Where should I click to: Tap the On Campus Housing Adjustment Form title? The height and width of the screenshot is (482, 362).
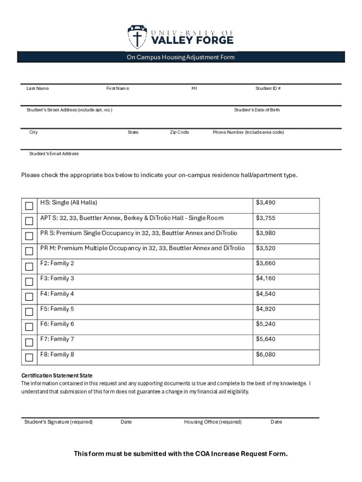pos(181,57)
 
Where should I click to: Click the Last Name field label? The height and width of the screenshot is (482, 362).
pos(38,88)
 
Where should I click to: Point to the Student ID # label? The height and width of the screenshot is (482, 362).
pos(268,88)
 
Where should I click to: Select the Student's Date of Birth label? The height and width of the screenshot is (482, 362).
pos(257,110)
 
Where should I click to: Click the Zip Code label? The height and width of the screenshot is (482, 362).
pos(179,132)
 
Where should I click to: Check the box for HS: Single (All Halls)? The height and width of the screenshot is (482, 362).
pos(29,206)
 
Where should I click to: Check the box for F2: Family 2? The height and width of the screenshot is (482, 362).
pos(29,266)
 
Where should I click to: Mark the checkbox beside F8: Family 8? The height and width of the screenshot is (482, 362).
pos(29,357)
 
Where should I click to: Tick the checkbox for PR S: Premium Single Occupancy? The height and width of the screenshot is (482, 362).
pos(29,236)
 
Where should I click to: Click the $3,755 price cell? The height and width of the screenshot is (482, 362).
pos(266,218)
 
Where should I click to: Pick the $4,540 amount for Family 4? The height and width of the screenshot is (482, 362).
pos(266,294)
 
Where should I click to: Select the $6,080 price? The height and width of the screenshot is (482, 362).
pos(266,354)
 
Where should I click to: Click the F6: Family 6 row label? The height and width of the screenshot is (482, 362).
pos(57,324)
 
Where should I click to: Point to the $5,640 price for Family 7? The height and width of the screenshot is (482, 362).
pos(266,339)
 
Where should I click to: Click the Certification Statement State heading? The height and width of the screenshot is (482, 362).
pos(57,376)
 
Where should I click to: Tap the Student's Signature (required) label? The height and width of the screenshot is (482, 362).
pos(58,422)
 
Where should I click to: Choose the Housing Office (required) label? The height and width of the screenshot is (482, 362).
pos(212,422)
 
